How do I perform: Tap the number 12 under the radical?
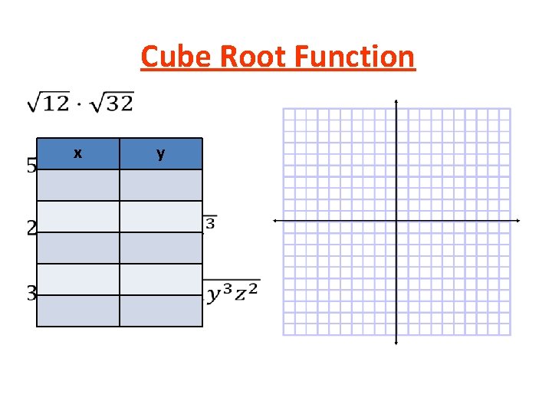click(x=56, y=103)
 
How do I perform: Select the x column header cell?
click(x=78, y=153)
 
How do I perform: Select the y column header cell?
click(x=161, y=153)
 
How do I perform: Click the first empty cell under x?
click(x=78, y=185)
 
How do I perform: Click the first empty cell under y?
click(x=161, y=185)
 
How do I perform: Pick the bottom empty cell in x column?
click(x=78, y=310)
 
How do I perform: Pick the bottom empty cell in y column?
click(x=161, y=310)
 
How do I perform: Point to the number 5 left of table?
click(x=31, y=166)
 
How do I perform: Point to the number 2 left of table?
click(x=31, y=228)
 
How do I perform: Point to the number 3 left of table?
click(x=31, y=292)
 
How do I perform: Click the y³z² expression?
click(x=233, y=293)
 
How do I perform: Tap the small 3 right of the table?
click(x=210, y=224)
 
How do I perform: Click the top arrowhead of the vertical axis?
click(x=396, y=102)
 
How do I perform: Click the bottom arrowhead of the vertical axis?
click(x=396, y=342)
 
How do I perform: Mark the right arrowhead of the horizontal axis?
click(x=518, y=221)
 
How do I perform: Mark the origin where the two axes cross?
click(x=396, y=221)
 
